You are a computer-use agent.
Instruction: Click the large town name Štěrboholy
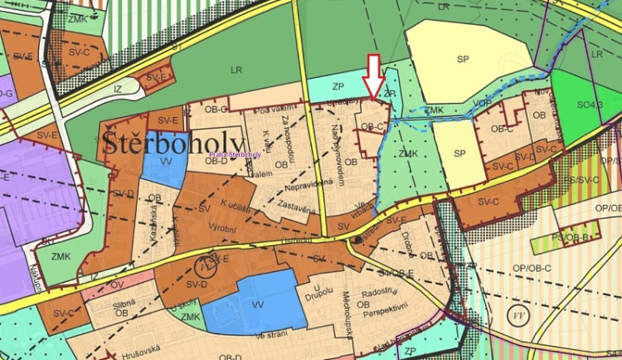click(174, 144)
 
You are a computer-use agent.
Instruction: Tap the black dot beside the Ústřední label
click(357, 240)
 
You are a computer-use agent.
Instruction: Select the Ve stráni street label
click(272, 334)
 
